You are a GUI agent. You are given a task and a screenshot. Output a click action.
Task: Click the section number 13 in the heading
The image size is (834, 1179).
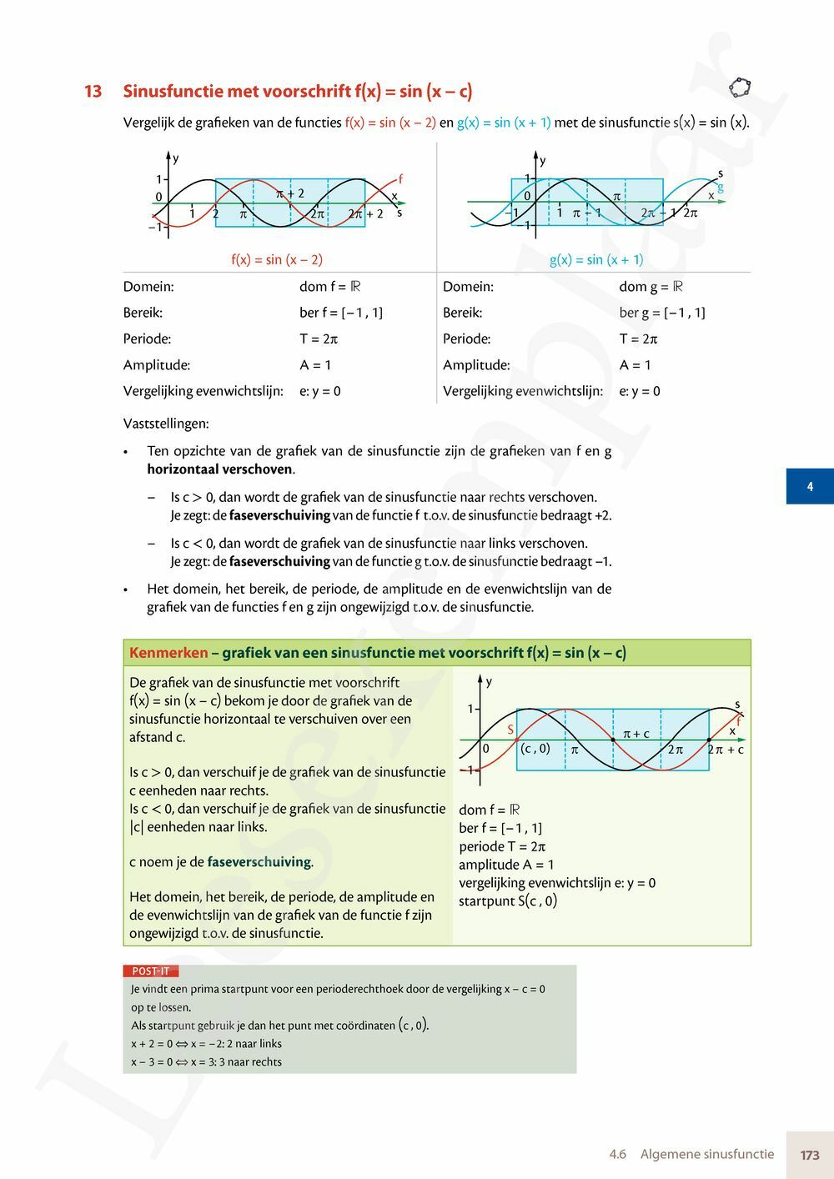pos(93,92)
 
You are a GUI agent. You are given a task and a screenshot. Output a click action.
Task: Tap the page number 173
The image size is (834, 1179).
pos(809,1155)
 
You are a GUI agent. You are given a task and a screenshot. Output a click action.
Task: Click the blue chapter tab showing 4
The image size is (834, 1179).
pos(809,486)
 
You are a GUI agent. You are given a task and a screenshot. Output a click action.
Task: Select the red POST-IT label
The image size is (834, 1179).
pos(150,971)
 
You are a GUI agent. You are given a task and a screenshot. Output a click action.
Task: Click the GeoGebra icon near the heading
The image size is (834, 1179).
pos(740,87)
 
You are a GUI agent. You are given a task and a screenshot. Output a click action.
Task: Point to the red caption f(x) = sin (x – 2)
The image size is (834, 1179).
pos(277,259)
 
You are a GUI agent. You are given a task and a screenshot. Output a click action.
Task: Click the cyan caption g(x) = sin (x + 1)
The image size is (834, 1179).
pos(596,259)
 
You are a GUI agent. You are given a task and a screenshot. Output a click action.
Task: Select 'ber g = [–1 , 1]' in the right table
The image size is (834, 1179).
pos(662,313)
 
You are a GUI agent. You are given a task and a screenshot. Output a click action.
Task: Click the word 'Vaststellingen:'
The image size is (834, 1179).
pos(166,424)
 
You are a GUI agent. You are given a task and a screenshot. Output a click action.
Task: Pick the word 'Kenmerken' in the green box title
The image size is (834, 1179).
pos(168,653)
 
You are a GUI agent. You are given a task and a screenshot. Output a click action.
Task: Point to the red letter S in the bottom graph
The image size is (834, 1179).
pos(510,730)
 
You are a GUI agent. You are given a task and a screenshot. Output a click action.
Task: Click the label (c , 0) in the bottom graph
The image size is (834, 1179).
pos(535,749)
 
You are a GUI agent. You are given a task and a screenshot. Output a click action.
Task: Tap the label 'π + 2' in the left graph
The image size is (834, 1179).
pos(289,193)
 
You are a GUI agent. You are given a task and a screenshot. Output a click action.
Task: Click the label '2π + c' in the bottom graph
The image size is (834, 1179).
pos(726,750)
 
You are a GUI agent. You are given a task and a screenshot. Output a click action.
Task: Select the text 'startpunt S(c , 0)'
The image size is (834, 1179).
pos(508,901)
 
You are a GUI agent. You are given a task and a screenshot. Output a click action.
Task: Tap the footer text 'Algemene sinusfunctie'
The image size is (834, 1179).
pos(707,1155)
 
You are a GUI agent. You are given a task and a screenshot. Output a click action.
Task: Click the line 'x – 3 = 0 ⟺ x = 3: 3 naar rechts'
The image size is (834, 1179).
pos(206,1062)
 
